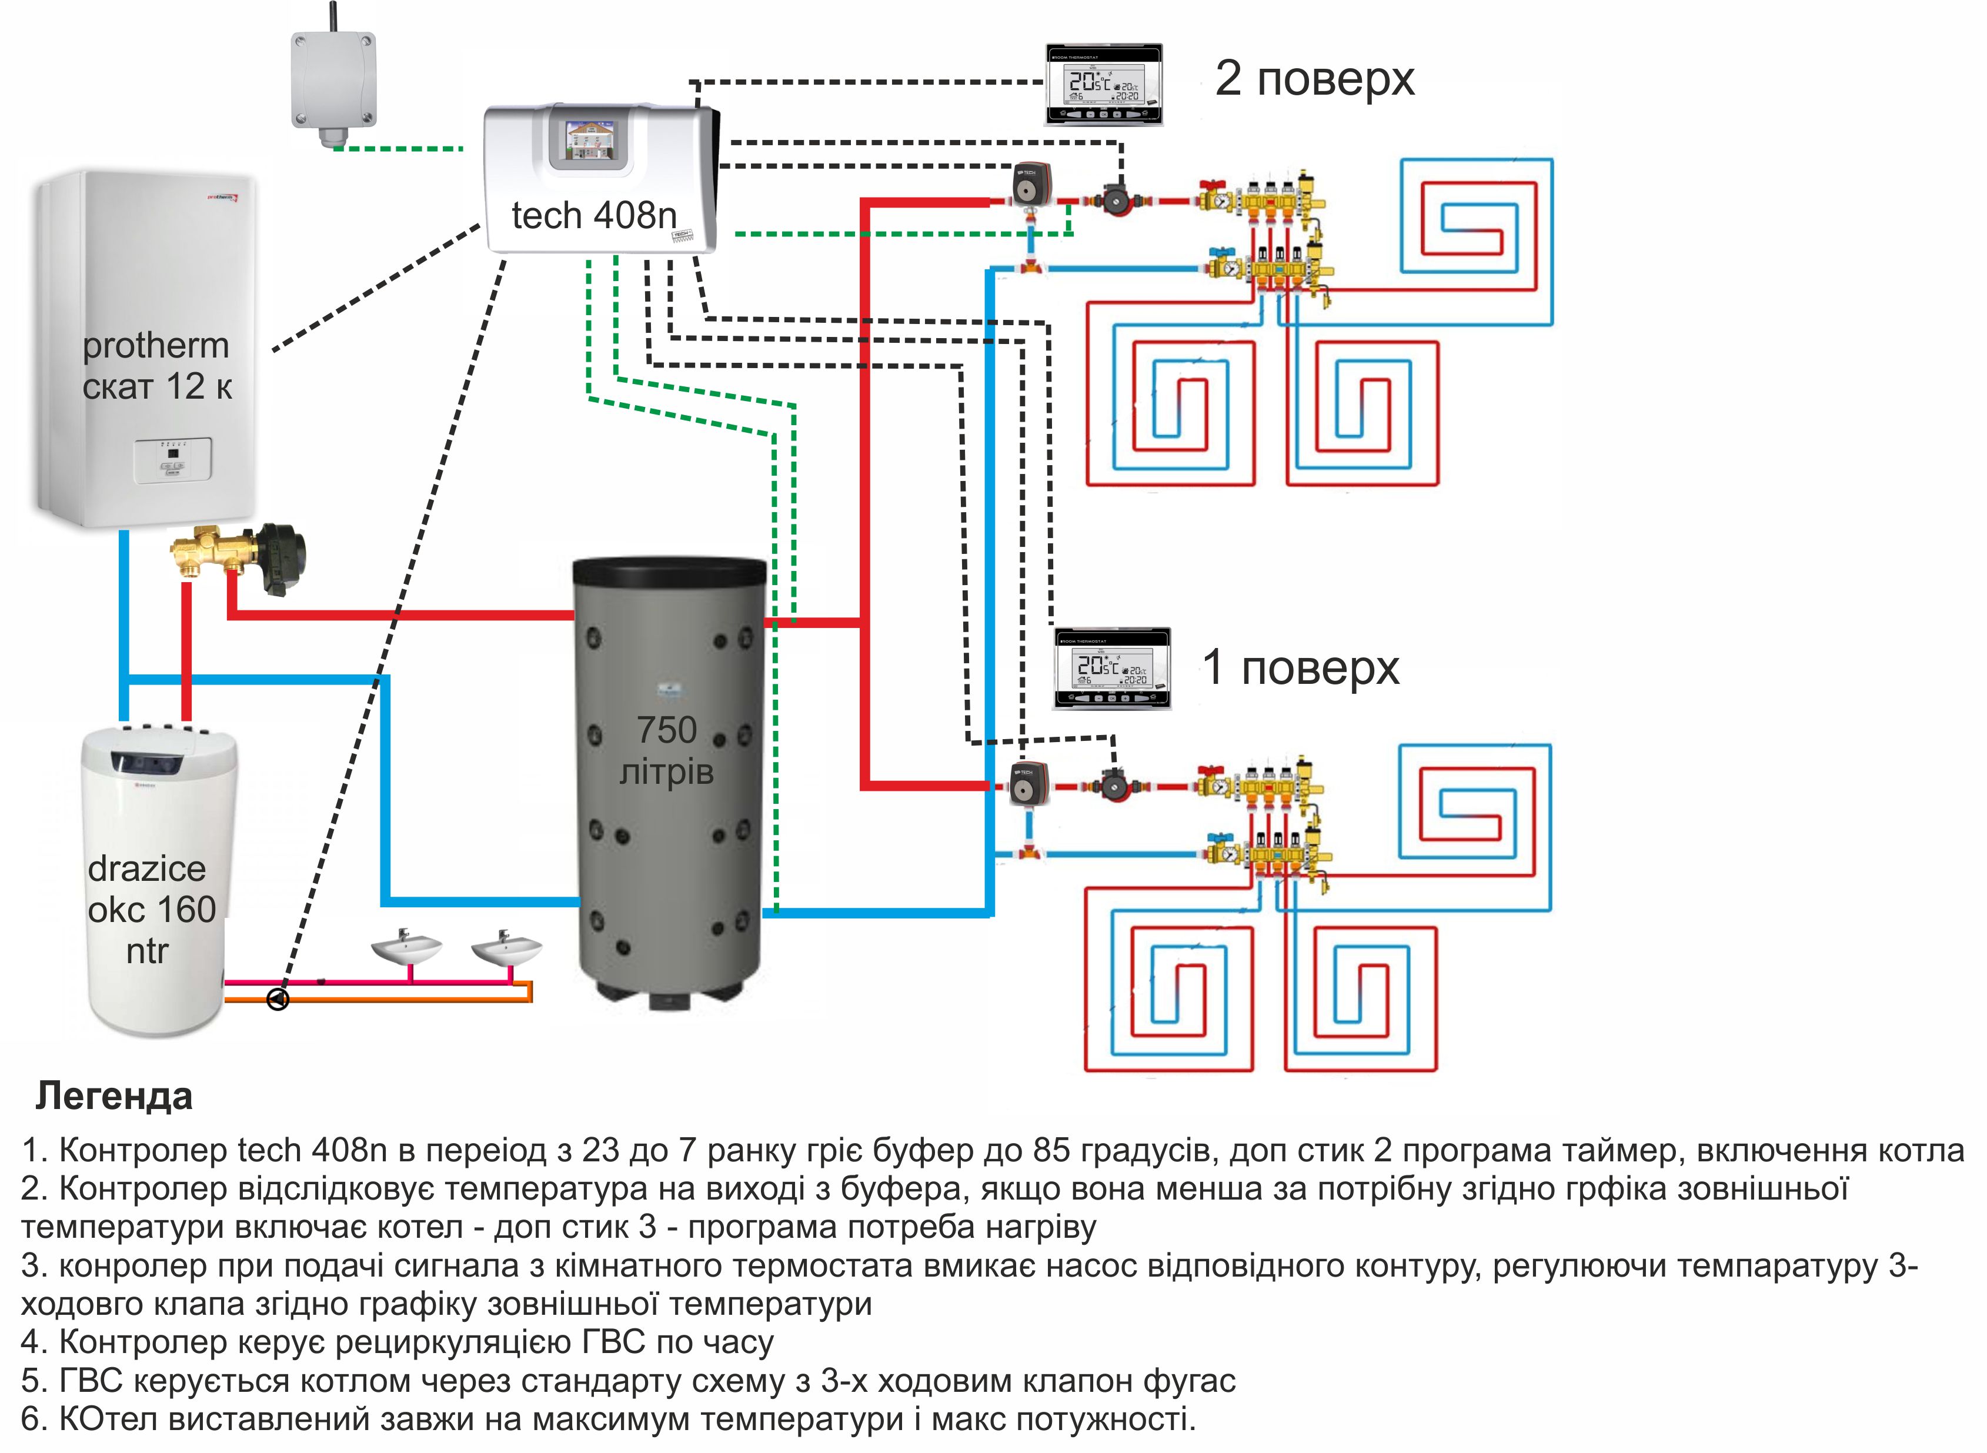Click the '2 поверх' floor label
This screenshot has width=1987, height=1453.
[x=1314, y=79]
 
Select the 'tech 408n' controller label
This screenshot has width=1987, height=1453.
[x=595, y=215]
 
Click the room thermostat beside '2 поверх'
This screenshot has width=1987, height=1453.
[x=1104, y=85]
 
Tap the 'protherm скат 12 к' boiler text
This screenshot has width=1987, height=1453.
[x=156, y=366]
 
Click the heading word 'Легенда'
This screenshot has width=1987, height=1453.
[x=113, y=1097]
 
